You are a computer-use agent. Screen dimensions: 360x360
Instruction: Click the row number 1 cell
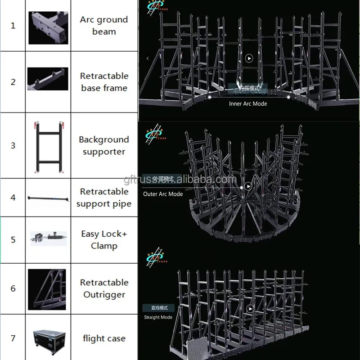click(13, 26)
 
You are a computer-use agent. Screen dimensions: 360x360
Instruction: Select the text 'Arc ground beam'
click(104, 26)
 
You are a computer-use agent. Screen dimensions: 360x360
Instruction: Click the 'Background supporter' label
click(104, 145)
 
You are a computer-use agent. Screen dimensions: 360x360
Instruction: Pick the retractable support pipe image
click(48, 198)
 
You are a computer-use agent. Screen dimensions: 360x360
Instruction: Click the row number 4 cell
click(13, 198)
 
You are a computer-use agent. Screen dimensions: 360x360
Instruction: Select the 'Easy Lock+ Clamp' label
click(104, 239)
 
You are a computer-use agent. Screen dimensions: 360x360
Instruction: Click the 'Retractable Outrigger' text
click(104, 288)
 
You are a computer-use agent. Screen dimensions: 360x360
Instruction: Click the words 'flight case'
click(104, 338)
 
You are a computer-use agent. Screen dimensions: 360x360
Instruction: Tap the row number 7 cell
click(13, 338)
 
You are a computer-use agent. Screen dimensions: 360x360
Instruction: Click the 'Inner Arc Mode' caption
click(248, 103)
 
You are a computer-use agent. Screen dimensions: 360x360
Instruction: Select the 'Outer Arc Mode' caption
click(163, 194)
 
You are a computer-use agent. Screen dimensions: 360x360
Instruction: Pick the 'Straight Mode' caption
click(158, 317)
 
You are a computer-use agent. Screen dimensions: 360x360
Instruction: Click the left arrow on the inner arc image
click(148, 58)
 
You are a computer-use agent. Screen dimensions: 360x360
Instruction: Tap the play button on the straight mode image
click(250, 309)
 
